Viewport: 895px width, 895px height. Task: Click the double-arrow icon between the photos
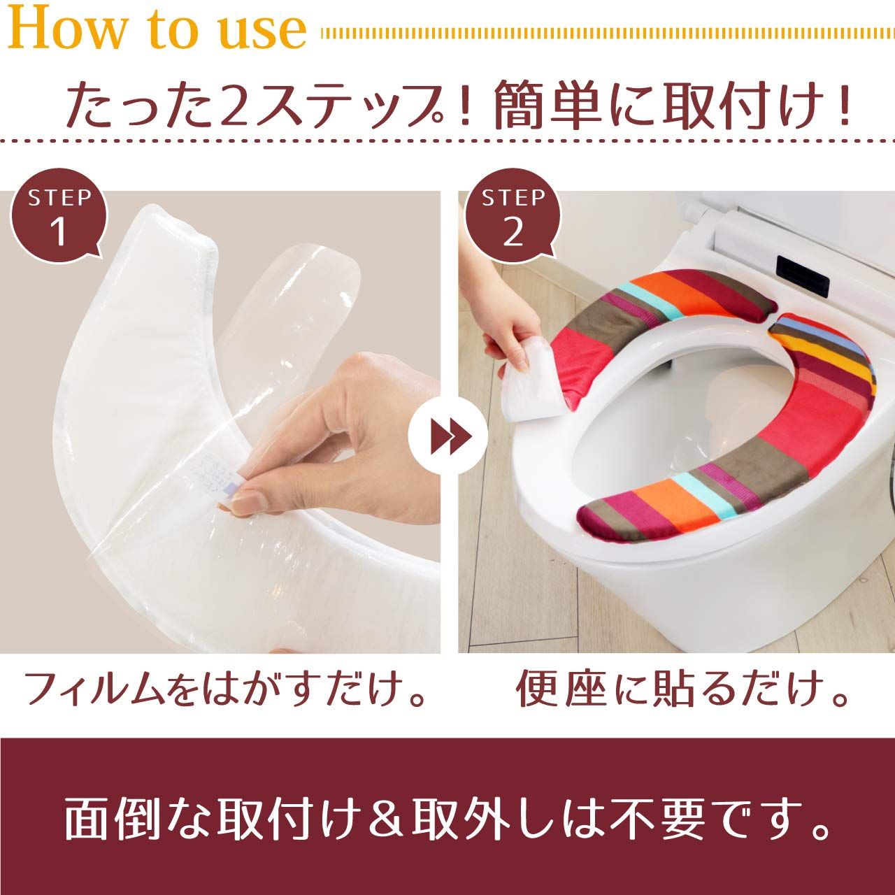click(x=448, y=436)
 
